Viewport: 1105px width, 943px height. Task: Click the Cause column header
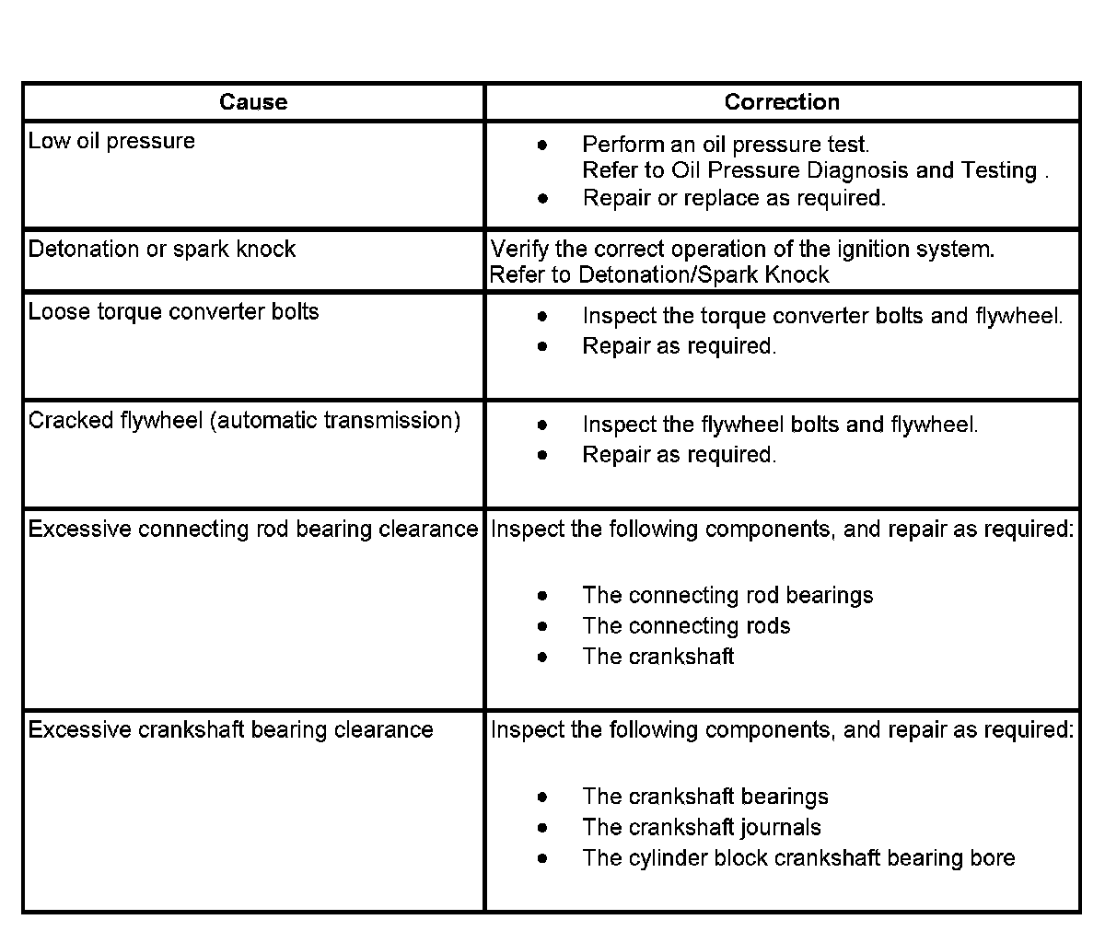pyautogui.click(x=253, y=102)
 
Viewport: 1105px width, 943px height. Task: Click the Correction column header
pyautogui.click(x=782, y=102)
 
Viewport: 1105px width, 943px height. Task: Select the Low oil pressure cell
pyautogui.click(x=111, y=141)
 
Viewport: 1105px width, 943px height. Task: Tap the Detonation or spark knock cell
pyautogui.click(x=162, y=250)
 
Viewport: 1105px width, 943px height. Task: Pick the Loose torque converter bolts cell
pyautogui.click(x=173, y=312)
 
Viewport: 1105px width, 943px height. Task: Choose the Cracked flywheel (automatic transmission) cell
pyautogui.click(x=244, y=421)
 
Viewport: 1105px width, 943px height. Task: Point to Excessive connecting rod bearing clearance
pyautogui.click(x=253, y=530)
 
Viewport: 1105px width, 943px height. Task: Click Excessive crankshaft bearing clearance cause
pyautogui.click(x=230, y=730)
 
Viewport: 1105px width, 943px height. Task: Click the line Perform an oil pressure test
pyautogui.click(x=726, y=145)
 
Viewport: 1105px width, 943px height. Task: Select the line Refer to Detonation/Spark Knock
pyautogui.click(x=659, y=275)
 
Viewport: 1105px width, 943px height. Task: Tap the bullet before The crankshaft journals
pyautogui.click(x=543, y=828)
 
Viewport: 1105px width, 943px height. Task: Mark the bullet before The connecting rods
pyautogui.click(x=543, y=627)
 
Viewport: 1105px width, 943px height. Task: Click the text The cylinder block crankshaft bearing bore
pyautogui.click(x=798, y=858)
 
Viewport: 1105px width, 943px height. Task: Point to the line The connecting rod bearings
pyautogui.click(x=727, y=596)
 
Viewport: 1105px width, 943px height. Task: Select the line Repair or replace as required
pyautogui.click(x=734, y=198)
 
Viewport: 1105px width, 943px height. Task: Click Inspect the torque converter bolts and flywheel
pyautogui.click(x=822, y=317)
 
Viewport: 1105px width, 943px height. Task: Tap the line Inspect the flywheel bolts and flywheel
pyautogui.click(x=780, y=425)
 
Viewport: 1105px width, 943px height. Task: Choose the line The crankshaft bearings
pyautogui.click(x=705, y=797)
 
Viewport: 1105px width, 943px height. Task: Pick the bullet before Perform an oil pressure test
pyautogui.click(x=543, y=146)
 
